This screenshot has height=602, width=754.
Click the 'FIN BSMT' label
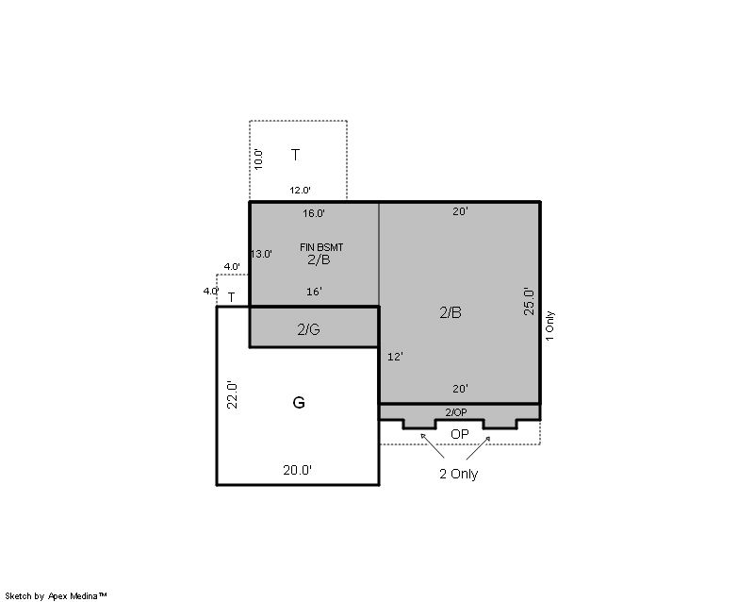click(x=321, y=247)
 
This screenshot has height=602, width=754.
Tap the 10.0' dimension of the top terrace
click(x=258, y=159)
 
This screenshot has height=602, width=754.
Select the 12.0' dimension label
click(x=300, y=191)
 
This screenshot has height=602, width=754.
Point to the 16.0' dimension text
click(x=314, y=213)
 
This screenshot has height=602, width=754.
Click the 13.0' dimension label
click(x=262, y=254)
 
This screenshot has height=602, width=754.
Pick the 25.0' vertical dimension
click(x=529, y=302)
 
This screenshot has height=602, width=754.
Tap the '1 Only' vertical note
click(x=549, y=326)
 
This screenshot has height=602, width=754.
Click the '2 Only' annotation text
click(x=458, y=474)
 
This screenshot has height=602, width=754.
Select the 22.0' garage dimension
click(x=232, y=395)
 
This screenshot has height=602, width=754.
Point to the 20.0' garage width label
click(x=297, y=470)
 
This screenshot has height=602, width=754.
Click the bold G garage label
click(x=299, y=402)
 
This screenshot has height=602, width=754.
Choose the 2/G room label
click(x=308, y=329)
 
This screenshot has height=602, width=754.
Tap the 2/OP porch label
click(x=455, y=412)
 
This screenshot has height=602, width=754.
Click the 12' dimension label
click(x=395, y=357)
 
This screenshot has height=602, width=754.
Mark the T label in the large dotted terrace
click(x=295, y=155)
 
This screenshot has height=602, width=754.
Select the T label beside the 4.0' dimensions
click(x=231, y=297)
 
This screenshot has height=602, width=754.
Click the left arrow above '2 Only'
click(x=432, y=445)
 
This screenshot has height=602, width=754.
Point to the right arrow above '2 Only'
click(x=479, y=447)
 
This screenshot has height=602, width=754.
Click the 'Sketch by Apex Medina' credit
click(x=56, y=596)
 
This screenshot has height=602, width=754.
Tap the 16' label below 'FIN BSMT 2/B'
click(x=314, y=292)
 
